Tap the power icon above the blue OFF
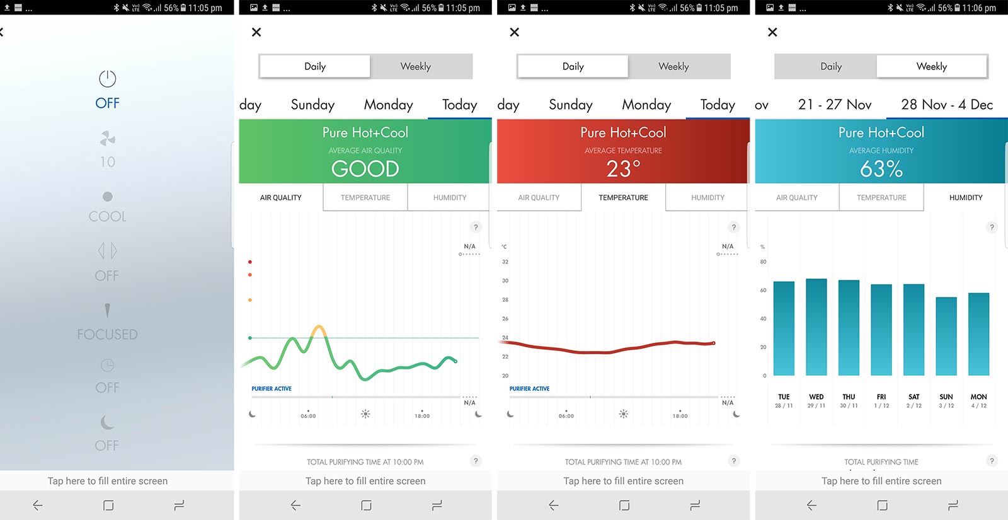tap(108, 79)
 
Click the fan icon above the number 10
tap(108, 138)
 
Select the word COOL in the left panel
tap(108, 216)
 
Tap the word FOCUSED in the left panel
tap(108, 334)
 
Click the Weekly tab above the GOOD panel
tap(416, 66)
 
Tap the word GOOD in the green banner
tap(365, 168)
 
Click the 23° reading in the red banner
tap(623, 168)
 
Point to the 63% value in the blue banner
tap(881, 168)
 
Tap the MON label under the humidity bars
tap(978, 397)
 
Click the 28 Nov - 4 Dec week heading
tap(947, 105)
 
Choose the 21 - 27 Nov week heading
tap(835, 105)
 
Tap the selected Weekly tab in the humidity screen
tap(932, 66)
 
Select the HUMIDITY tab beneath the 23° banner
tap(707, 197)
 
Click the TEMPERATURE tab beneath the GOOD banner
tap(365, 197)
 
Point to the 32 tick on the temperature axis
tap(505, 262)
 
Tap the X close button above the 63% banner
tap(772, 32)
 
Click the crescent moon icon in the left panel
tap(108, 422)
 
